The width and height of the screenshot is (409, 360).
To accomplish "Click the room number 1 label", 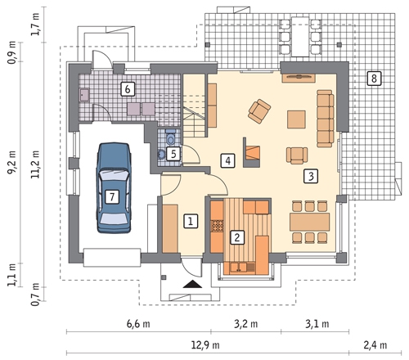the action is point(191,221).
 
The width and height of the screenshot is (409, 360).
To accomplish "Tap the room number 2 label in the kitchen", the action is point(237,237).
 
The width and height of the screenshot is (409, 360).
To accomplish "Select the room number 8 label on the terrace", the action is point(374,79).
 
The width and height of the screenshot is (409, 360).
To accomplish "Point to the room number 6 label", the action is point(128,89).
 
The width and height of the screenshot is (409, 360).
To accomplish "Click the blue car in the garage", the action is point(114,187).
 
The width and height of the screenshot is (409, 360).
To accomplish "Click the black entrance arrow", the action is point(192,284).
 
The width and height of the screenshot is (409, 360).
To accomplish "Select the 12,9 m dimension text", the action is point(205,345).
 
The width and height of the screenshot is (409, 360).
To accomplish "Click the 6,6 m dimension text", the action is point(138,324).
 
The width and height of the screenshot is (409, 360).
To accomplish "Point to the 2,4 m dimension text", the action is point(375,345).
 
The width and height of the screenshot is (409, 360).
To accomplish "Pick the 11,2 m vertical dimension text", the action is point(35,164).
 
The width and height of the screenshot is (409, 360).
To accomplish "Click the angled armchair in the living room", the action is point(259,110).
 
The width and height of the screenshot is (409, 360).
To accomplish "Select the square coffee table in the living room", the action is point(296,119).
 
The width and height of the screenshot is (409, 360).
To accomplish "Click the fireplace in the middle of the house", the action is point(251,152).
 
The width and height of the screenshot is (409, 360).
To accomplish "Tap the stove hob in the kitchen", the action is point(217,226).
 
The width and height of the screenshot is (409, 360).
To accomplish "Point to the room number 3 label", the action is point(311,176).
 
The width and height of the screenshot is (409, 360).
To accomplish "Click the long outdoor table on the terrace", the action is point(300,37).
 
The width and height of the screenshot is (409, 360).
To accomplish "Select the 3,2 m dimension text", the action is point(245,324).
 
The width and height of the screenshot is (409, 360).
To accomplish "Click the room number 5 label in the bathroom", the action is point(173,154).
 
